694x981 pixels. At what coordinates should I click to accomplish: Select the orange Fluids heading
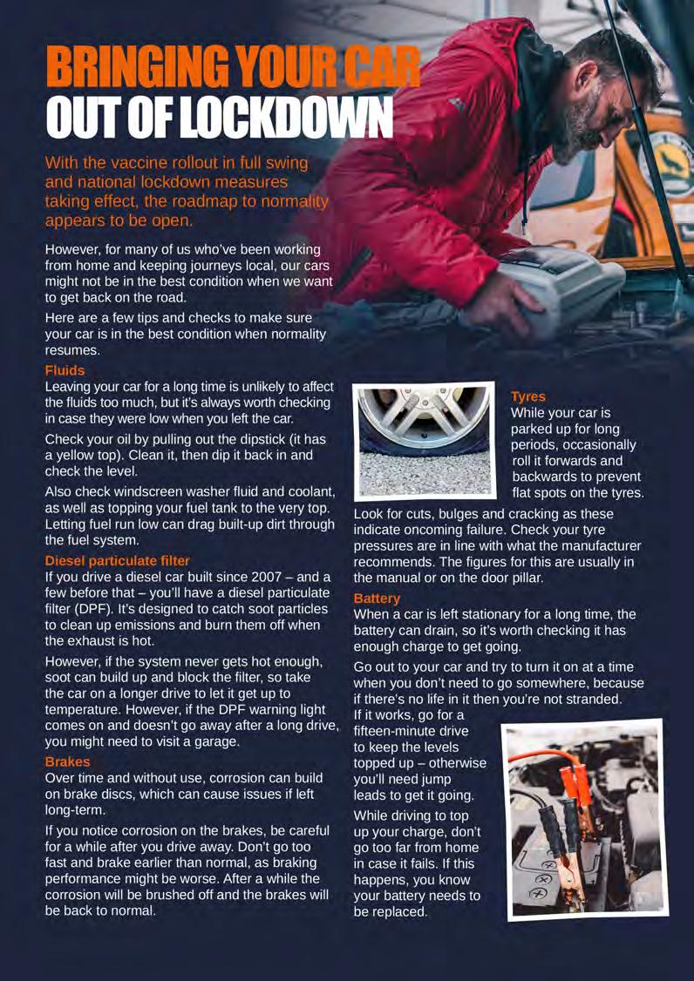click(65, 370)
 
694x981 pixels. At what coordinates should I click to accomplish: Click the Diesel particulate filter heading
click(117, 560)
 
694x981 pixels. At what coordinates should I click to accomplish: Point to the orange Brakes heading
click(67, 761)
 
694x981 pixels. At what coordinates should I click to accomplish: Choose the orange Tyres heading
click(528, 396)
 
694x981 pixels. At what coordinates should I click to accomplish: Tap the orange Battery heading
click(377, 599)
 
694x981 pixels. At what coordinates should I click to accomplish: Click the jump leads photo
click(585, 819)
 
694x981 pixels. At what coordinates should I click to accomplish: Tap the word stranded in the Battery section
click(583, 699)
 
